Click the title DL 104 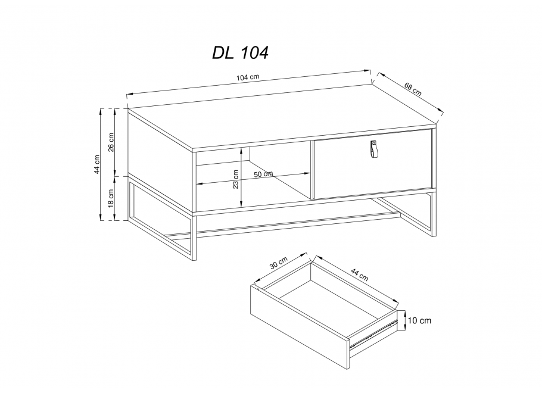241,53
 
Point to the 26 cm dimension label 111,142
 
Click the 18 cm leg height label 111,197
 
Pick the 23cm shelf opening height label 236,177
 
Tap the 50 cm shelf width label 263,174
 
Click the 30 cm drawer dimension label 279,263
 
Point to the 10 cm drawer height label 419,321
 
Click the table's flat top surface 280,116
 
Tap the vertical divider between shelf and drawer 311,170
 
